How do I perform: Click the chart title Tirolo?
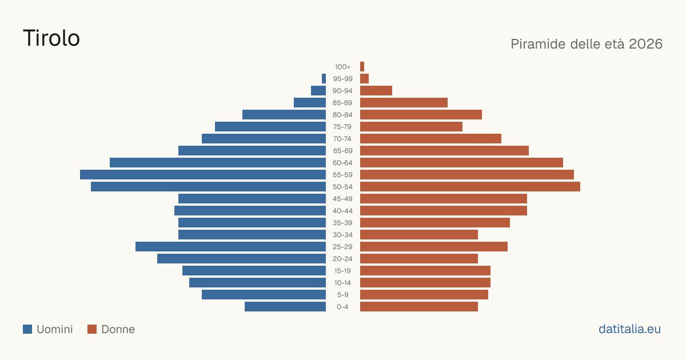coord(51,38)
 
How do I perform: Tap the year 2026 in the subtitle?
coord(645,44)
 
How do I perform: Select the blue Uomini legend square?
coord(27,329)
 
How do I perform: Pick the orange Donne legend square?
coord(92,329)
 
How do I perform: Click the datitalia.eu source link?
coord(629,329)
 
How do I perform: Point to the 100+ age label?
coord(342,67)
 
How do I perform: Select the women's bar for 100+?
coord(362,67)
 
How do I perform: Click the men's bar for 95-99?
coord(324,79)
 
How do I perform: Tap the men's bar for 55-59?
coord(203,174)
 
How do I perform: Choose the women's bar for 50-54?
coord(470,187)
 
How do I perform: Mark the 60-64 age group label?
coord(342,163)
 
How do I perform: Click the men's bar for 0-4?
coord(285,307)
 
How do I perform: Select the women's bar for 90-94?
coord(376,91)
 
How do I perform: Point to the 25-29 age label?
coord(342,247)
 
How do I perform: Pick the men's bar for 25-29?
coord(230,247)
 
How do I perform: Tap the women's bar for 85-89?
coord(404,102)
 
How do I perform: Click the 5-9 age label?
coord(342,295)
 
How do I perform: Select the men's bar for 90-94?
coord(318,91)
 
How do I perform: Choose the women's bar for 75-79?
coord(411,127)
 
